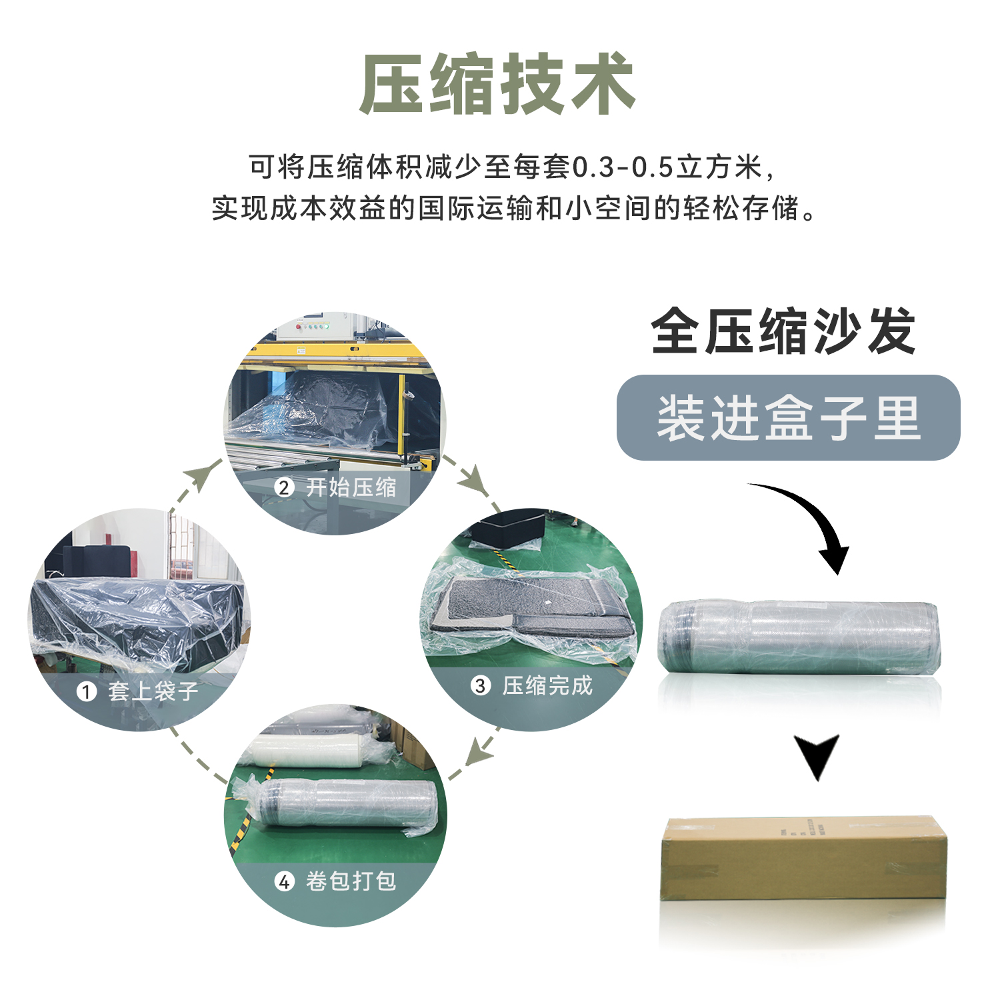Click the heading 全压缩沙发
tap(784, 331)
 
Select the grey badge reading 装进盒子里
tap(788, 417)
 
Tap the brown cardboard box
tap(804, 859)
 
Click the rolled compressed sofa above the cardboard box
tap(799, 637)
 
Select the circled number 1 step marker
tap(86, 691)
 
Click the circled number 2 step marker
tap(284, 487)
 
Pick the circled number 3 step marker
tap(480, 685)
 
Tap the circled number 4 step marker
tap(285, 881)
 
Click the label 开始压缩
tap(351, 487)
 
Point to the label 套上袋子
tap(153, 691)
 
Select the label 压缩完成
tap(547, 685)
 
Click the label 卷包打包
tap(351, 881)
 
